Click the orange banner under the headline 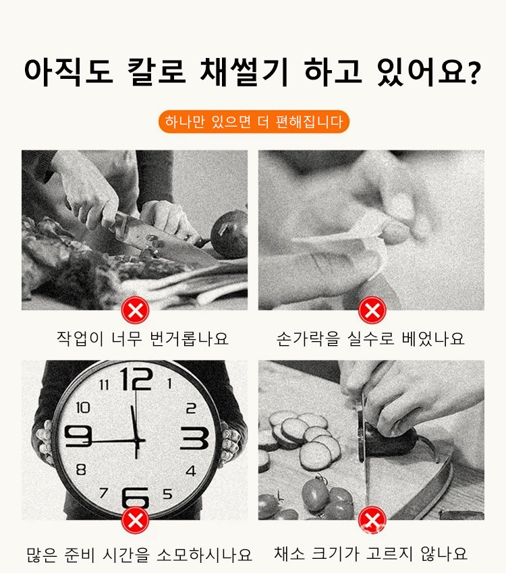click(x=254, y=121)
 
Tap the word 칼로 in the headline click(x=157, y=71)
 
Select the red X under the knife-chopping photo click(x=136, y=310)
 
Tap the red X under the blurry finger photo click(x=372, y=310)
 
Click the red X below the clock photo click(x=136, y=520)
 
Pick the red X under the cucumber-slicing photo click(x=372, y=520)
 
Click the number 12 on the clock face click(x=136, y=379)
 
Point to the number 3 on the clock click(x=194, y=438)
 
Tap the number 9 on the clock click(x=78, y=436)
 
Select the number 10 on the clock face click(x=83, y=407)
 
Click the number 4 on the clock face click(x=191, y=471)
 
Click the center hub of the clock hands click(x=137, y=442)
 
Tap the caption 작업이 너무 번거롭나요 click(x=142, y=338)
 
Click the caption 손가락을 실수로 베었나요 click(x=370, y=338)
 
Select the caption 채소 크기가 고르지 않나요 click(x=370, y=553)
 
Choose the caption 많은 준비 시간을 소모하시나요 click(x=139, y=555)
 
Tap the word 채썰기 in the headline click(x=244, y=71)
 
